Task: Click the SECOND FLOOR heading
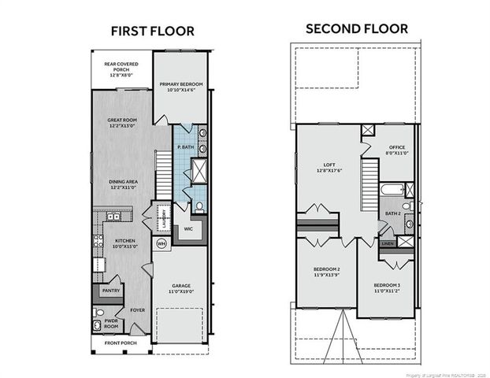pyautogui.click(x=357, y=28)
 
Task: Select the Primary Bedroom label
pyautogui.click(x=180, y=83)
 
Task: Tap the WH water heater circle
pyautogui.click(x=161, y=243)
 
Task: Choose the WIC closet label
pyautogui.click(x=188, y=229)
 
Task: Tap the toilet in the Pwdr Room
pyautogui.click(x=98, y=312)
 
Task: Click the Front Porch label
pyautogui.click(x=121, y=343)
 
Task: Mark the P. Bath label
pyautogui.click(x=186, y=147)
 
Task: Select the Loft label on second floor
pyautogui.click(x=325, y=165)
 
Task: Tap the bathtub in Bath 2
pyautogui.click(x=391, y=190)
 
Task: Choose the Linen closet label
pyautogui.click(x=387, y=243)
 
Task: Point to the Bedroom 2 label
pyautogui.click(x=327, y=269)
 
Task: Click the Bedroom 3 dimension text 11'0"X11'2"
pyautogui.click(x=387, y=290)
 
